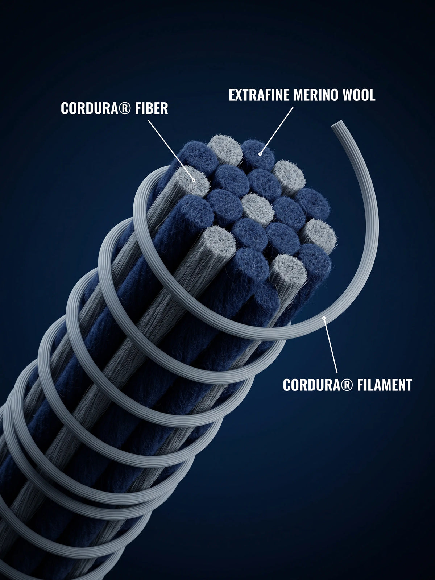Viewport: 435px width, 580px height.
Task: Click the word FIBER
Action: click(151, 108)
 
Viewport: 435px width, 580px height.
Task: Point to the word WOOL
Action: click(359, 95)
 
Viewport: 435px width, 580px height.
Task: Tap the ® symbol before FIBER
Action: click(127, 108)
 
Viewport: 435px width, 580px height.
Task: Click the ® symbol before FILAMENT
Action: click(349, 385)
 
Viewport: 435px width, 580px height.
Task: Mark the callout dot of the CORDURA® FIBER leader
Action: click(194, 180)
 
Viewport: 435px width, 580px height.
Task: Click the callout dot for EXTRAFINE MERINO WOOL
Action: click(260, 154)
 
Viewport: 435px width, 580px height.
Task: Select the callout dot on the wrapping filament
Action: click(324, 318)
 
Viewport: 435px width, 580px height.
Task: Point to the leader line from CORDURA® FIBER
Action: click(171, 150)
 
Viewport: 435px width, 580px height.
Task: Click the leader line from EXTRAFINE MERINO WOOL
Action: click(277, 130)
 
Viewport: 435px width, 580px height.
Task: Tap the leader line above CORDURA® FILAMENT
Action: click(331, 345)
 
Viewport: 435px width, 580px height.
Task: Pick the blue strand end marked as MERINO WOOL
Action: click(258, 154)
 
